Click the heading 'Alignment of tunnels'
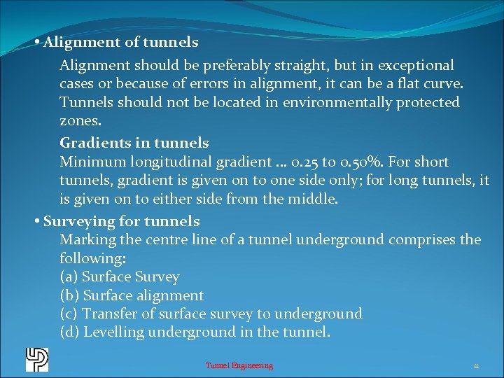120,43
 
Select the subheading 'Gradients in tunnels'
134,143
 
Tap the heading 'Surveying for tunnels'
121,222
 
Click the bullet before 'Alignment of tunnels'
37,43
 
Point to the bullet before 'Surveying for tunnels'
37,222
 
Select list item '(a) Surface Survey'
120,277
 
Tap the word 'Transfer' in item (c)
110,314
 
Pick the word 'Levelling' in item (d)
114,332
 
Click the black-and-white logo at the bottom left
36,359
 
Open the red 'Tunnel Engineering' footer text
239,365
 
